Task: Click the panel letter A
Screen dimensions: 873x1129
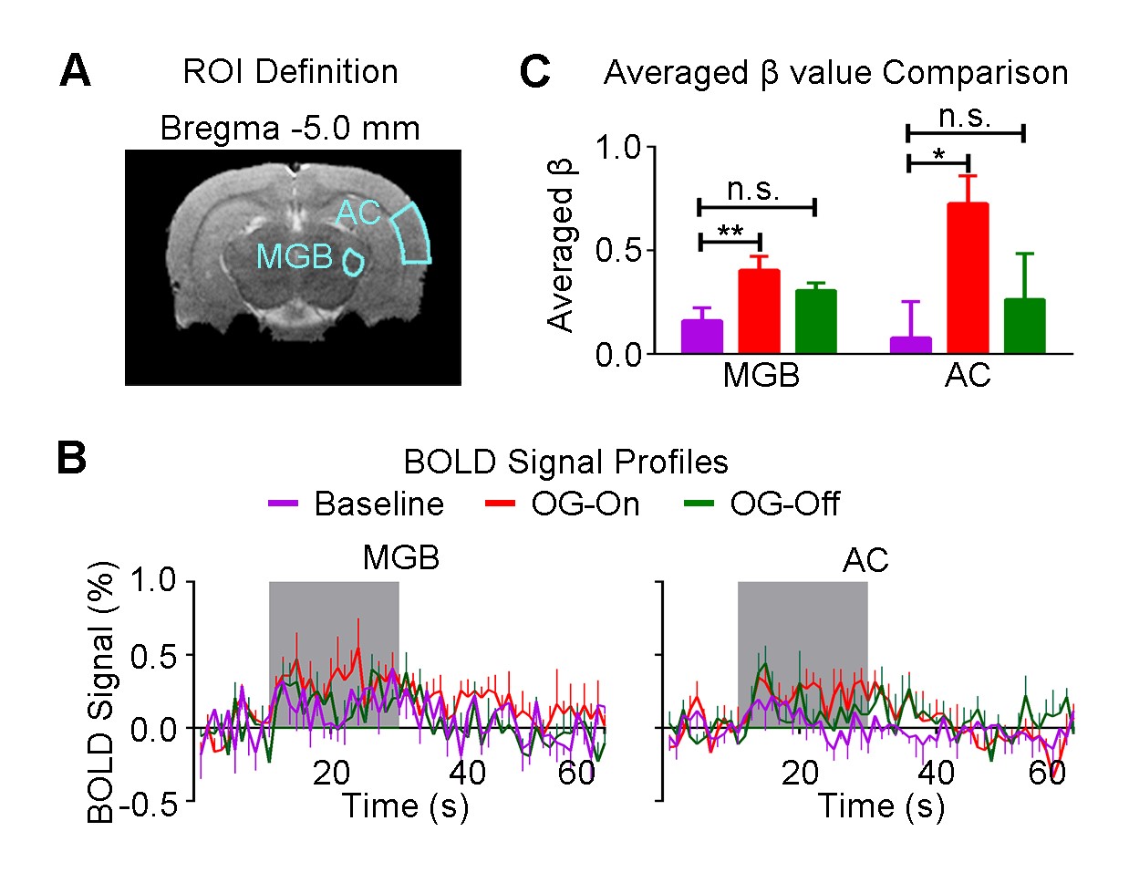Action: pyautogui.click(x=75, y=71)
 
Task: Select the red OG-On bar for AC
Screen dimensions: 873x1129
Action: pyautogui.click(x=968, y=277)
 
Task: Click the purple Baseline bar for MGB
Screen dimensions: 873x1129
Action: pyautogui.click(x=701, y=336)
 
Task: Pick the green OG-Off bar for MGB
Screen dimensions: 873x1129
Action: pyautogui.click(x=815, y=321)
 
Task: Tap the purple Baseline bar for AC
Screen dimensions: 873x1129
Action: pyautogui.click(x=910, y=344)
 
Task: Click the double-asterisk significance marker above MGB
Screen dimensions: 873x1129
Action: pyautogui.click(x=730, y=233)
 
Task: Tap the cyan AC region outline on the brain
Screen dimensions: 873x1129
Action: pyautogui.click(x=411, y=234)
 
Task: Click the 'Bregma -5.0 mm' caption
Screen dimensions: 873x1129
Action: pyautogui.click(x=290, y=128)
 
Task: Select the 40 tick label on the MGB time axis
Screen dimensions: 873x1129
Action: pyautogui.click(x=467, y=773)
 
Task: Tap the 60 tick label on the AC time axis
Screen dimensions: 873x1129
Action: pyautogui.click(x=1047, y=773)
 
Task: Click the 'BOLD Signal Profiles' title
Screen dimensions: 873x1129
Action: pyautogui.click(x=565, y=462)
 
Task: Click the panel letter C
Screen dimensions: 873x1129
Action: pyautogui.click(x=535, y=72)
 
